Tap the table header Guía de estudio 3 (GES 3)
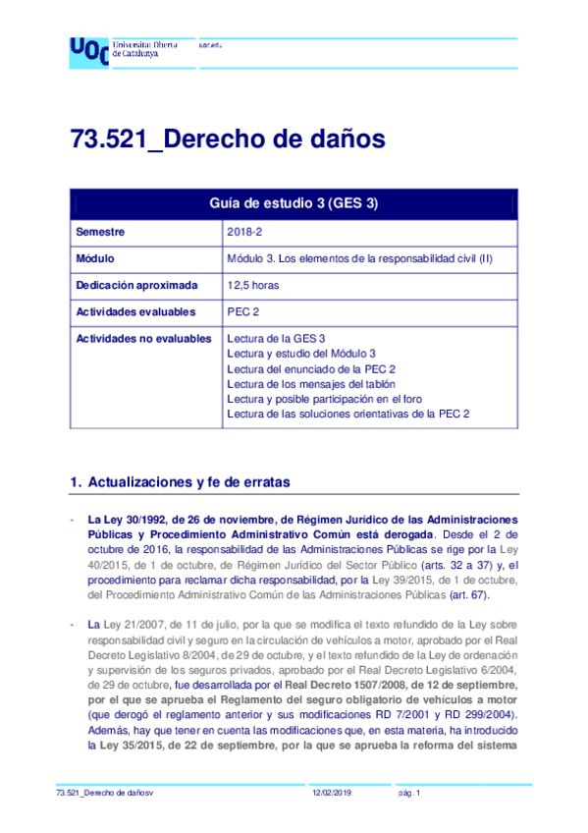click(x=294, y=203)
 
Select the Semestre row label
click(x=102, y=233)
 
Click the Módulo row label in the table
click(x=96, y=259)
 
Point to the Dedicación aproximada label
click(x=136, y=286)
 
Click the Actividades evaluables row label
click(x=135, y=312)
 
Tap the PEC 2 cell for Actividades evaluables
click(x=243, y=312)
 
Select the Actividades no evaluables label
click(x=143, y=339)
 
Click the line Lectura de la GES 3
click(x=276, y=339)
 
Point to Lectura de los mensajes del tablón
click(x=310, y=384)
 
